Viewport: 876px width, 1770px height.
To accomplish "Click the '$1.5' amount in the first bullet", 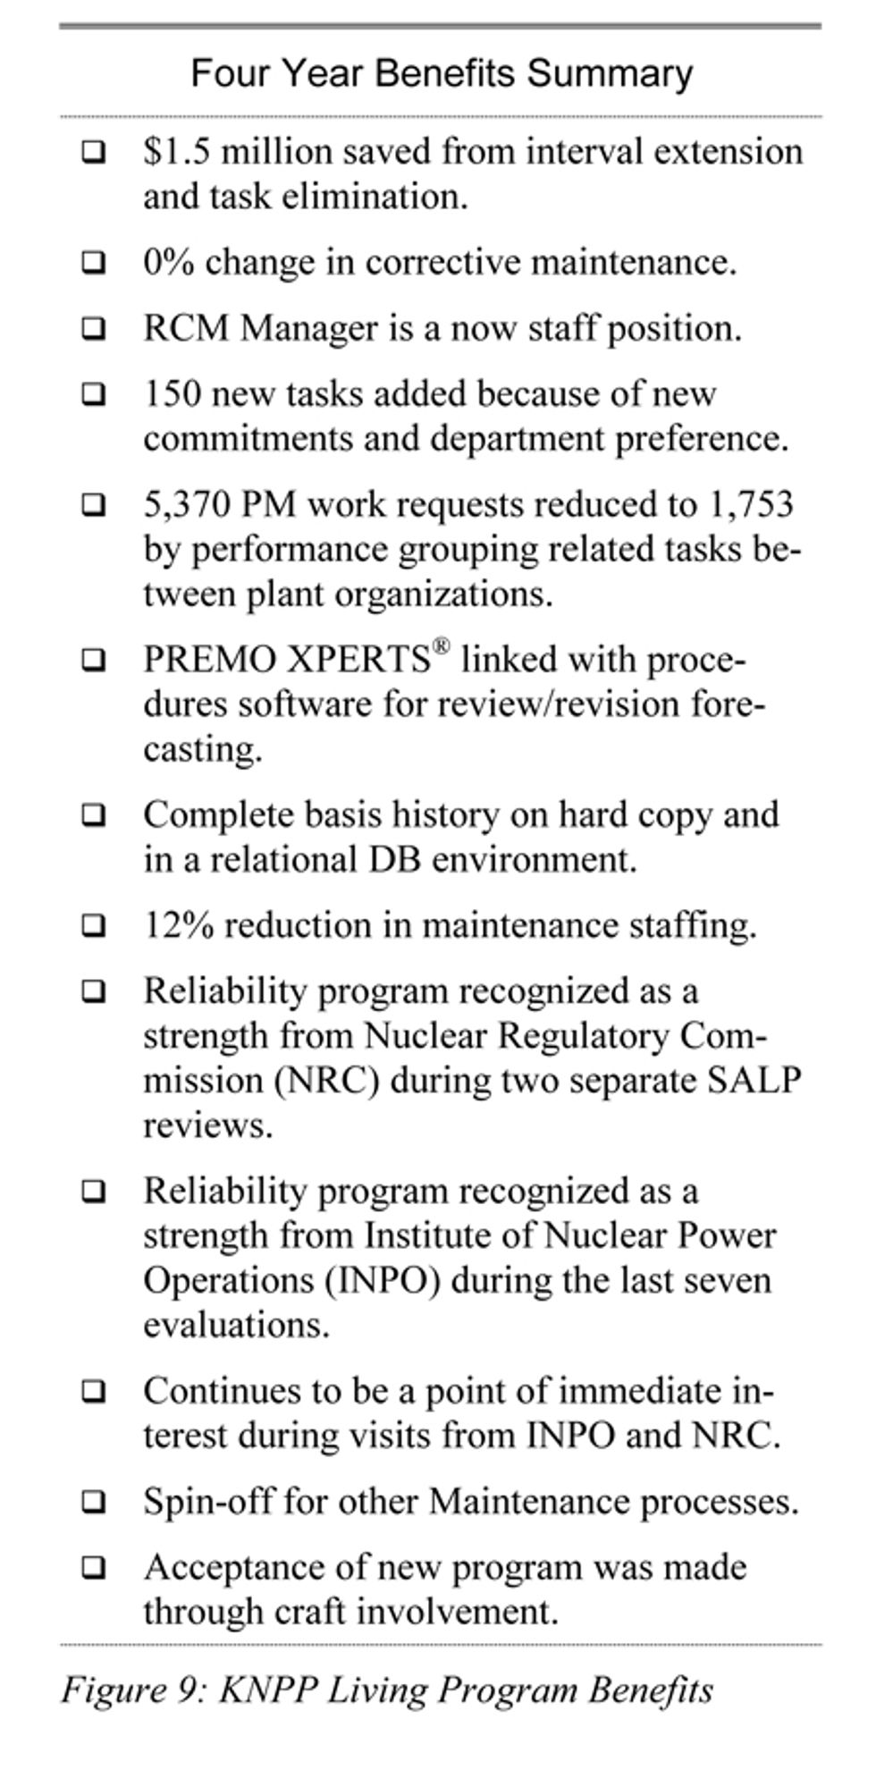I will [177, 152].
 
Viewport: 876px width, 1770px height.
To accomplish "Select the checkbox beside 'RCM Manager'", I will [93, 329].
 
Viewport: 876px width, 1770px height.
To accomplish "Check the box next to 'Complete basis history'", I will [93, 815].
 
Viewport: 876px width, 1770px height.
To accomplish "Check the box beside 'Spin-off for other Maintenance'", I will [93, 1502].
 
